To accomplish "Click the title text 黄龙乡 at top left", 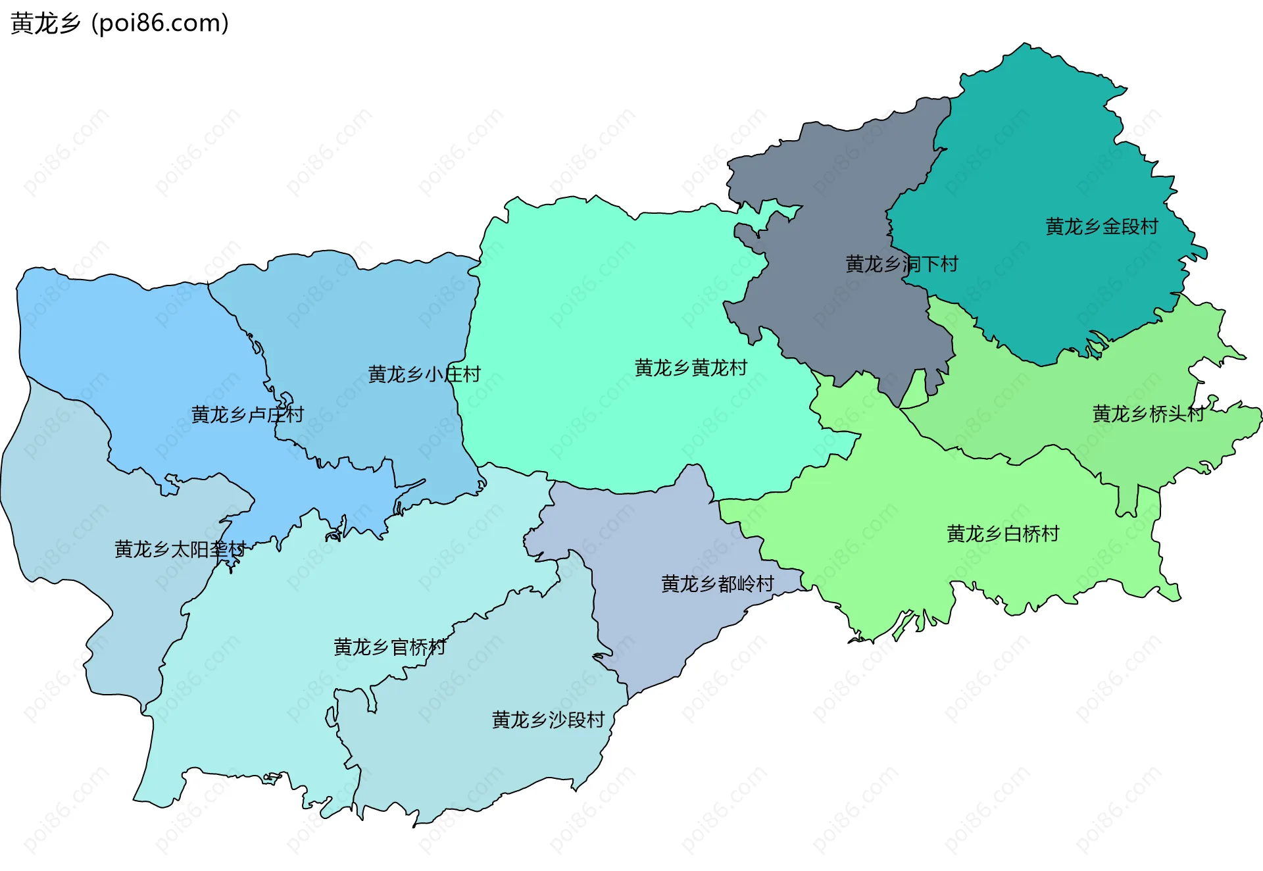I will [x=45, y=24].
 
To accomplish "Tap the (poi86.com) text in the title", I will [x=160, y=24].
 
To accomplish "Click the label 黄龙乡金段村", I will [x=1102, y=227].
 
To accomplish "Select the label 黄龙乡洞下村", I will [x=901, y=264].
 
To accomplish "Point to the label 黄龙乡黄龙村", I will [x=691, y=368].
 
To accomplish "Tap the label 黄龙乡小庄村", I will [x=424, y=374].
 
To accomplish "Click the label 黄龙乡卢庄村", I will [x=247, y=414].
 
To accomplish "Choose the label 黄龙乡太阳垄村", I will [x=180, y=549].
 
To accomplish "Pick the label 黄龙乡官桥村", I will [x=389, y=647].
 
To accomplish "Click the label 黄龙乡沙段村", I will [x=548, y=720].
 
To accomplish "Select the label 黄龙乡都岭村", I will [x=717, y=584].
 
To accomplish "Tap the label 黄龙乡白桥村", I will [x=1003, y=534].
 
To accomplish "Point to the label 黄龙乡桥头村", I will [x=1148, y=414].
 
